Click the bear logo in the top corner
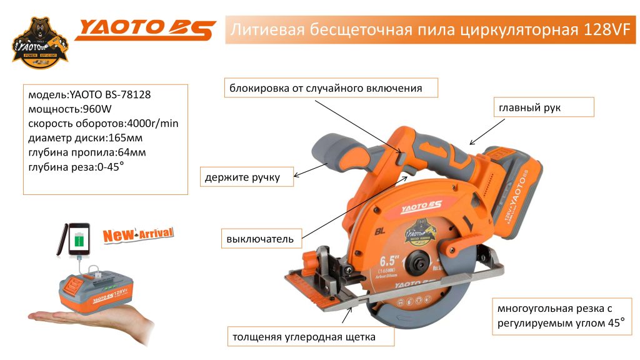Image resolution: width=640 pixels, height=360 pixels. tap(39, 42)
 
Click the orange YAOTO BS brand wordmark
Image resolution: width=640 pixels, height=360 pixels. tap(145, 30)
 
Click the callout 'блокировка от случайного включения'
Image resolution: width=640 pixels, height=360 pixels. tap(331, 88)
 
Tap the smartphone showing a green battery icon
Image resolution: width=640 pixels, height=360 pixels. tap(74, 240)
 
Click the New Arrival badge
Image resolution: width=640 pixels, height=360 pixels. tap(138, 235)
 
